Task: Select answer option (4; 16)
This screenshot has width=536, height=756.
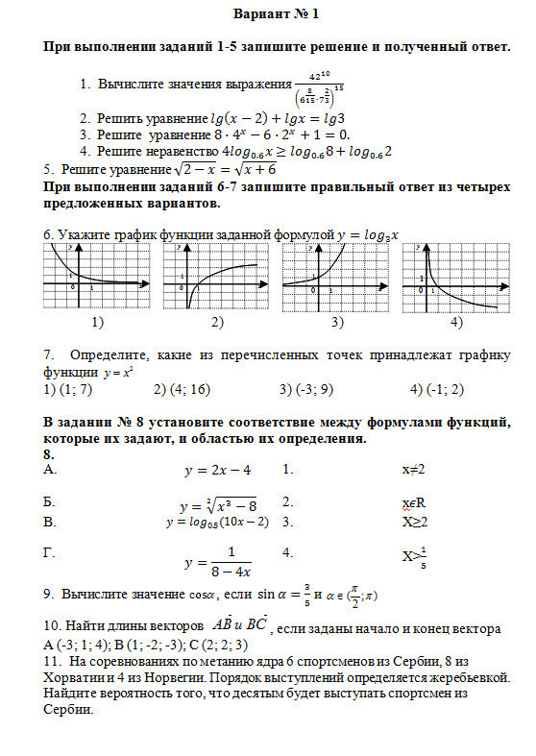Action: click(x=183, y=389)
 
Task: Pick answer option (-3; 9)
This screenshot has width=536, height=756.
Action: click(x=305, y=389)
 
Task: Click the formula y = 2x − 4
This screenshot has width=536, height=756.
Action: click(x=216, y=471)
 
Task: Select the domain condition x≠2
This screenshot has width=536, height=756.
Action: click(x=413, y=471)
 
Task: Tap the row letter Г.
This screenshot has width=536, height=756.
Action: click(x=50, y=552)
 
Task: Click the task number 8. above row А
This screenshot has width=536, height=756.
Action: click(x=50, y=453)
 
